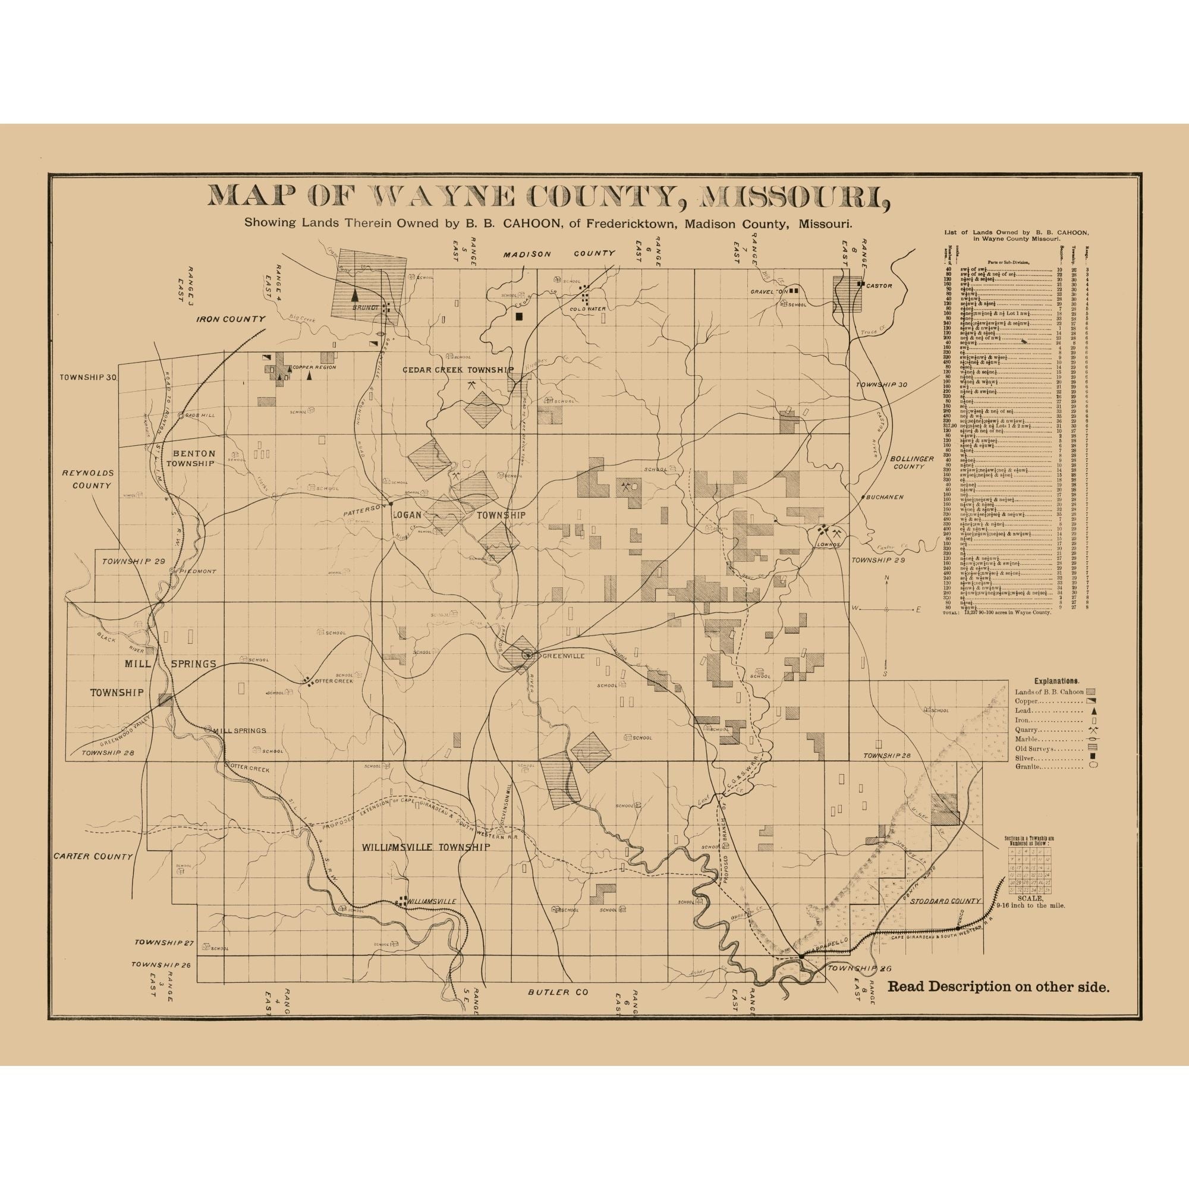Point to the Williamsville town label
pyautogui.click(x=433, y=919)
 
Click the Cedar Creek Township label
pyautogui.click(x=457, y=370)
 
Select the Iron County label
pyautogui.click(x=231, y=319)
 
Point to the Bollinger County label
pyautogui.click(x=912, y=462)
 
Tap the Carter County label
pyautogui.click(x=93, y=856)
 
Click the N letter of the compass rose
pyautogui.click(x=887, y=578)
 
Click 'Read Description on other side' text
pyautogui.click(x=998, y=1004)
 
